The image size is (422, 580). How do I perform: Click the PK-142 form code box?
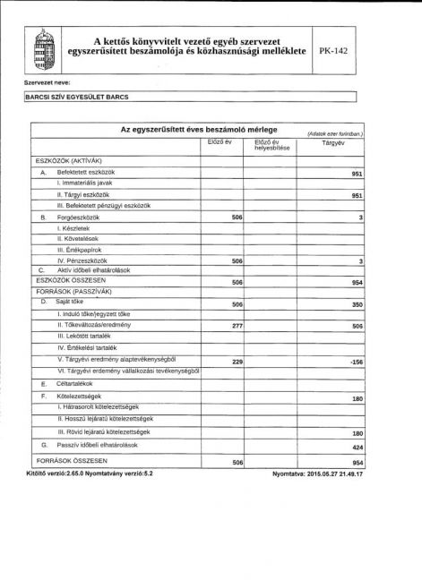pos(332,51)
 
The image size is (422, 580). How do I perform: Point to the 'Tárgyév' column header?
pos(333,142)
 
